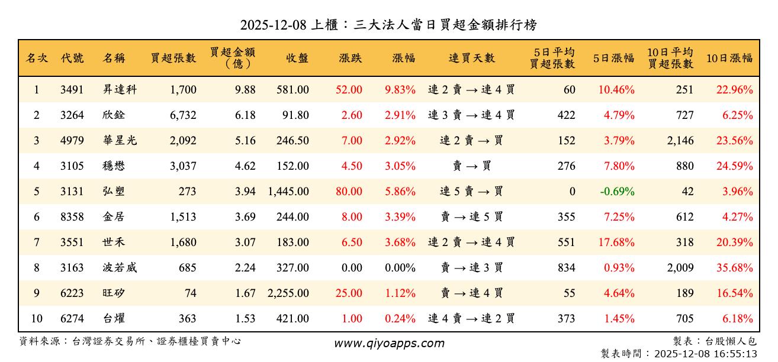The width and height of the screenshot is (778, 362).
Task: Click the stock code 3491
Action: (72, 90)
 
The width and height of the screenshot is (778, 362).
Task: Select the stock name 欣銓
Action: (114, 115)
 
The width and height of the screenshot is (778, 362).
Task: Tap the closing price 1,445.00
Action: (288, 192)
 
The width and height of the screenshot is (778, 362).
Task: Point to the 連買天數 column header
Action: (471, 58)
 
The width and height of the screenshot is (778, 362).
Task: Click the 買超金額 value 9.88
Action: (245, 90)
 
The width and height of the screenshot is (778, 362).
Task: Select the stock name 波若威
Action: (119, 268)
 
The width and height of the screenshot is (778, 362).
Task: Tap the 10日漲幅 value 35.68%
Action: (734, 268)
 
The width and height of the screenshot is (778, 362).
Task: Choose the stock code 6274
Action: (72, 319)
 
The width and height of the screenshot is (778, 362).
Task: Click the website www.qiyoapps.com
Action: (388, 343)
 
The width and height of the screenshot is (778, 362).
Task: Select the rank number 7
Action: (36, 243)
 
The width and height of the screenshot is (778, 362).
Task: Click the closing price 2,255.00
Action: (288, 293)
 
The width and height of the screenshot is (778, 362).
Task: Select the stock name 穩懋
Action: (114, 166)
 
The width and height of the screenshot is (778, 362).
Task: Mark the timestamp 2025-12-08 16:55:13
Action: (705, 354)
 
